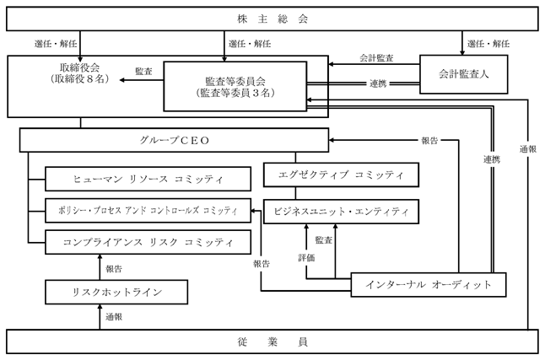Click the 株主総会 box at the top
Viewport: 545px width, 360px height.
pos(272,19)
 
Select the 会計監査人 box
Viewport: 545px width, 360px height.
pos(464,74)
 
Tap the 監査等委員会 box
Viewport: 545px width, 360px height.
pos(235,87)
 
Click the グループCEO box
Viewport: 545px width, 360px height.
pos(174,140)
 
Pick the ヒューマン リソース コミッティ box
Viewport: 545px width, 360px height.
pos(148,179)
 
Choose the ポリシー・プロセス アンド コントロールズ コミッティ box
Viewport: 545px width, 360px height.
pos(148,211)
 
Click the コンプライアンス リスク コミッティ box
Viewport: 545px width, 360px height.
pos(148,242)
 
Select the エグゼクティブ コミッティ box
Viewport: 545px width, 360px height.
pos(342,175)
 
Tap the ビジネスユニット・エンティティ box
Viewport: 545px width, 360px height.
pos(342,212)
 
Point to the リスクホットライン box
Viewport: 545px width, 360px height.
pos(116,293)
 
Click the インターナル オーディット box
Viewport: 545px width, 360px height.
pos(429,285)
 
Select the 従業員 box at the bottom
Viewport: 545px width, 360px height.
pos(272,342)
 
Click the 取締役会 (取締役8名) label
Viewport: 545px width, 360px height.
pos(80,73)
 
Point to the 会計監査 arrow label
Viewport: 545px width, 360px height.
pos(376,57)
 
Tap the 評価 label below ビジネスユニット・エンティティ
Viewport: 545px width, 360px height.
pos(306,257)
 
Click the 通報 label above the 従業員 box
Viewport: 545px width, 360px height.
pos(114,317)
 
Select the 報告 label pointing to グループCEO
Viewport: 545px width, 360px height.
pos(429,141)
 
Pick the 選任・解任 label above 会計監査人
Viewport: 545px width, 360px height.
pos(488,44)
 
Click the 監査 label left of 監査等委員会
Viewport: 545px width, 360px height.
pos(143,71)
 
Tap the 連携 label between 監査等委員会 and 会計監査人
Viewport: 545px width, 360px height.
pos(378,83)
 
